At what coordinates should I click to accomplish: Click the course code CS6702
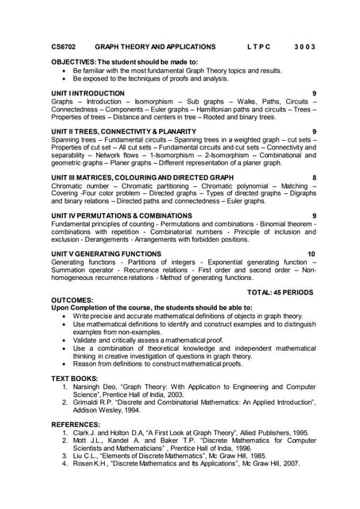tap(64, 47)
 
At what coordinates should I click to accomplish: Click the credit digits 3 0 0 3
tap(304, 47)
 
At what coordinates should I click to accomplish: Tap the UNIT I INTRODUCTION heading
tap(87, 93)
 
